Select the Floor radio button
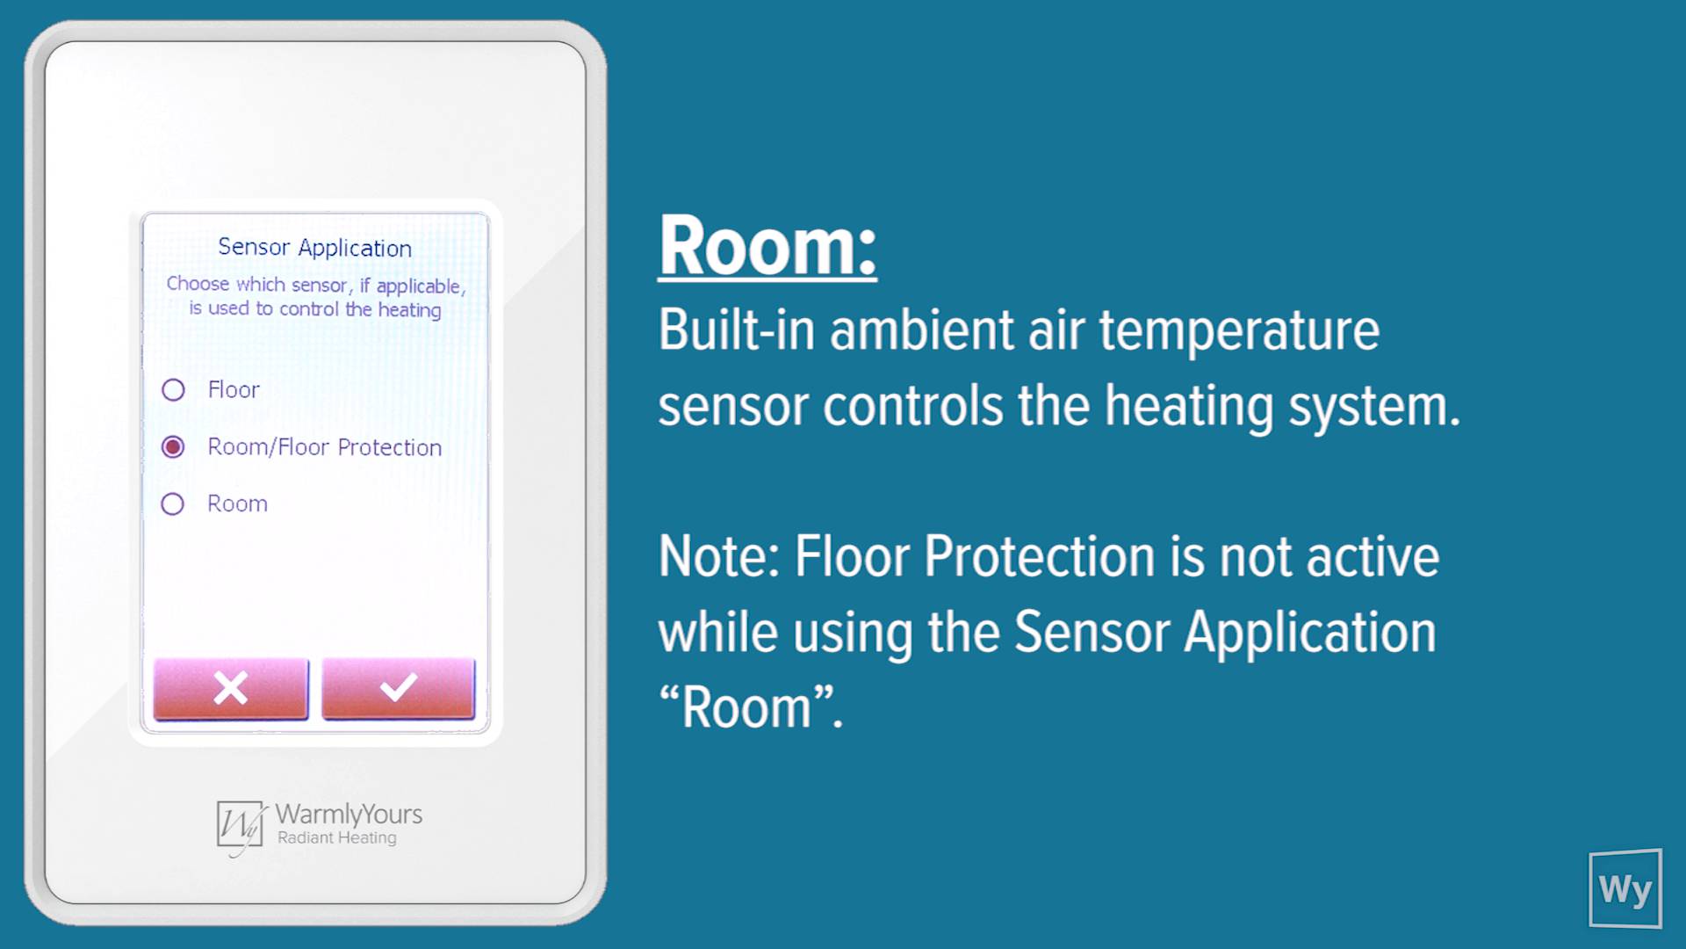coord(173,389)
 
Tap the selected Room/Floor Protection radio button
coord(173,447)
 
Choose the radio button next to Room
coord(173,503)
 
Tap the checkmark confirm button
coord(399,688)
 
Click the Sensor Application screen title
coord(314,248)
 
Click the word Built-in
coord(737,330)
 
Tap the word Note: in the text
coord(719,557)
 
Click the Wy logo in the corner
coord(1625,888)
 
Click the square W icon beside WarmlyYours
coord(241,826)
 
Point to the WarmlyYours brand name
coord(349,814)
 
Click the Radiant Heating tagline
coord(337,837)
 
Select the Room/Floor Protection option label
coord(325,447)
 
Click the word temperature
coord(1239,332)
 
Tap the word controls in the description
coord(912,407)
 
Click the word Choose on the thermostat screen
coord(198,284)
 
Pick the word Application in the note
coord(1309,634)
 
